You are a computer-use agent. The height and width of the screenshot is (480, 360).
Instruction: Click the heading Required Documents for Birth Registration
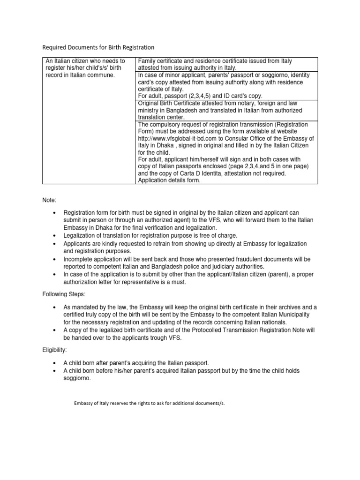click(98, 47)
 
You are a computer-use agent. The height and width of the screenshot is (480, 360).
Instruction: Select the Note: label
click(50, 200)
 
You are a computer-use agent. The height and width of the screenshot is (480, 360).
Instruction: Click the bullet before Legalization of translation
click(55, 235)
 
